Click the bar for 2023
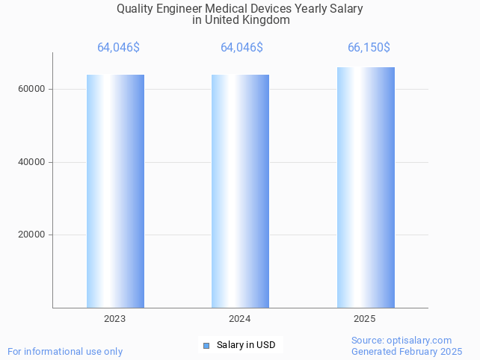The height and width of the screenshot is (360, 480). point(115,191)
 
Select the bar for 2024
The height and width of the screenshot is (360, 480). point(240,191)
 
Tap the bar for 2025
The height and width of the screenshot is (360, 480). point(366,187)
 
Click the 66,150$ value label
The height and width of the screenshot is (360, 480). point(369,48)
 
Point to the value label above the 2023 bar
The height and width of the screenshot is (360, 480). point(118,48)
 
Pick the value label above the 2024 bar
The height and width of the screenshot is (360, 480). point(241,48)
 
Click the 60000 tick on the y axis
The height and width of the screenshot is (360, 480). point(31,89)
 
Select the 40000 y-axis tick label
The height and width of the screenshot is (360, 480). point(31,162)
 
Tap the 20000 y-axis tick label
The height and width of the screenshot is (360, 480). point(31,235)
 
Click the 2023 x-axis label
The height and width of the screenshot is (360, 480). point(115,319)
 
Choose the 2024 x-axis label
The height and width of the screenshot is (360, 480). point(240,319)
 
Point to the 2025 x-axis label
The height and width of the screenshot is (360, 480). point(365,319)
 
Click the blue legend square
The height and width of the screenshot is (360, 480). point(206,345)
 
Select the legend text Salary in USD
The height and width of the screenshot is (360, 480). point(246,345)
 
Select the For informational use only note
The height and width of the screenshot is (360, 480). point(65,351)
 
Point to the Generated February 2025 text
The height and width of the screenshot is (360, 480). point(407,352)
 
